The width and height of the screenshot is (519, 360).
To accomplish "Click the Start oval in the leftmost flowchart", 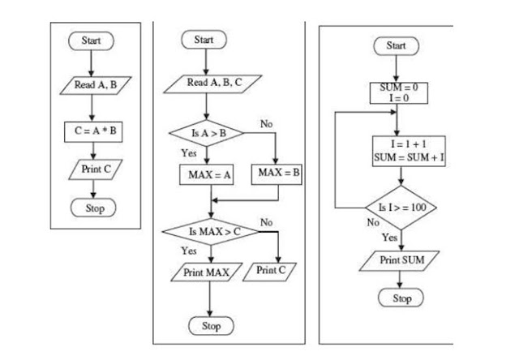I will pos(92,40).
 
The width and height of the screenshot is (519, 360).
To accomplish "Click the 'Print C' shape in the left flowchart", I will pos(94,170).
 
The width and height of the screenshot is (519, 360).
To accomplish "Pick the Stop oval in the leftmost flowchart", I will pos(94,208).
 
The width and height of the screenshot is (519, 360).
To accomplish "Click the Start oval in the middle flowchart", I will pos(204,39).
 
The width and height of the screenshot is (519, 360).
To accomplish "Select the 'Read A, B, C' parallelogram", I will pos(208,83).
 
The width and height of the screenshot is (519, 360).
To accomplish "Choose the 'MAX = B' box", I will pos(279,174).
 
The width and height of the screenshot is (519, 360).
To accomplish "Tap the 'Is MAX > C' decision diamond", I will pos(209,232).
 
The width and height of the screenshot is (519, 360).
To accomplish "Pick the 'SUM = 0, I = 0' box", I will pos(398,92).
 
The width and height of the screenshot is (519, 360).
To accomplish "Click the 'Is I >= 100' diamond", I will pos(401,208).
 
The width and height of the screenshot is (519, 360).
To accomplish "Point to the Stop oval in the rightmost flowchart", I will pos(402,298).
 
